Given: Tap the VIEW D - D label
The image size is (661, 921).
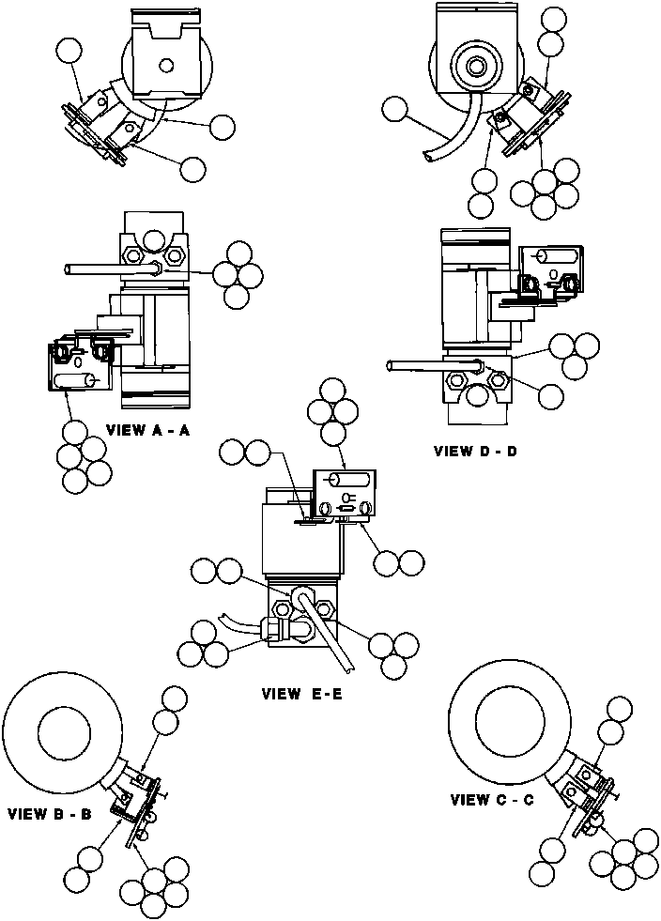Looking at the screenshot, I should pyautogui.click(x=475, y=451).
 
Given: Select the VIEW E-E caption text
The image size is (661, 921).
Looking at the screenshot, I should pyautogui.click(x=302, y=696).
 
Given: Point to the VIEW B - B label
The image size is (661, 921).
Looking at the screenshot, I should pyautogui.click(x=49, y=814).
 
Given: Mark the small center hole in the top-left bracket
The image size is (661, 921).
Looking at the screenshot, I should pyautogui.click(x=166, y=65).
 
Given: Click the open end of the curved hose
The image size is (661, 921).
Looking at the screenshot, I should pyautogui.click(x=427, y=159).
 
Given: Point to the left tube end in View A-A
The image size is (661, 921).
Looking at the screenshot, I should pyautogui.click(x=69, y=269).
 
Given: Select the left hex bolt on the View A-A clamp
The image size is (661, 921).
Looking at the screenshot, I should pyautogui.click(x=132, y=256).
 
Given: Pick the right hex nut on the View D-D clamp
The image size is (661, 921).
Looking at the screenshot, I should pyautogui.click(x=499, y=380).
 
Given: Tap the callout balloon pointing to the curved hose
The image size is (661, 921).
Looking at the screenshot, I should pyautogui.click(x=395, y=111).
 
